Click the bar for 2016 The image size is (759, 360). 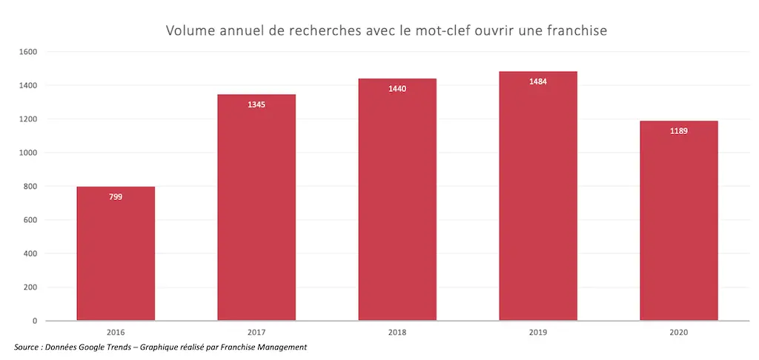(116, 253)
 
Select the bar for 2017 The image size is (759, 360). (256, 207)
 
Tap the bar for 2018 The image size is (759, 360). (397, 200)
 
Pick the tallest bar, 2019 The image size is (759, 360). (538, 196)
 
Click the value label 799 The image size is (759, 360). (116, 197)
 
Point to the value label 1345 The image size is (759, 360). (256, 104)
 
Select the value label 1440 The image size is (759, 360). (397, 89)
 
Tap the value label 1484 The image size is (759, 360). (538, 81)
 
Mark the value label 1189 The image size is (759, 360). (679, 131)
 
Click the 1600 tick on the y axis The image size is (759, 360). (29, 52)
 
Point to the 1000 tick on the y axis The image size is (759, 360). (29, 153)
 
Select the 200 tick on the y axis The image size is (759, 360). (31, 287)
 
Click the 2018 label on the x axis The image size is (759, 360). (397, 333)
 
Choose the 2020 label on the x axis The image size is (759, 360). (679, 333)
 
